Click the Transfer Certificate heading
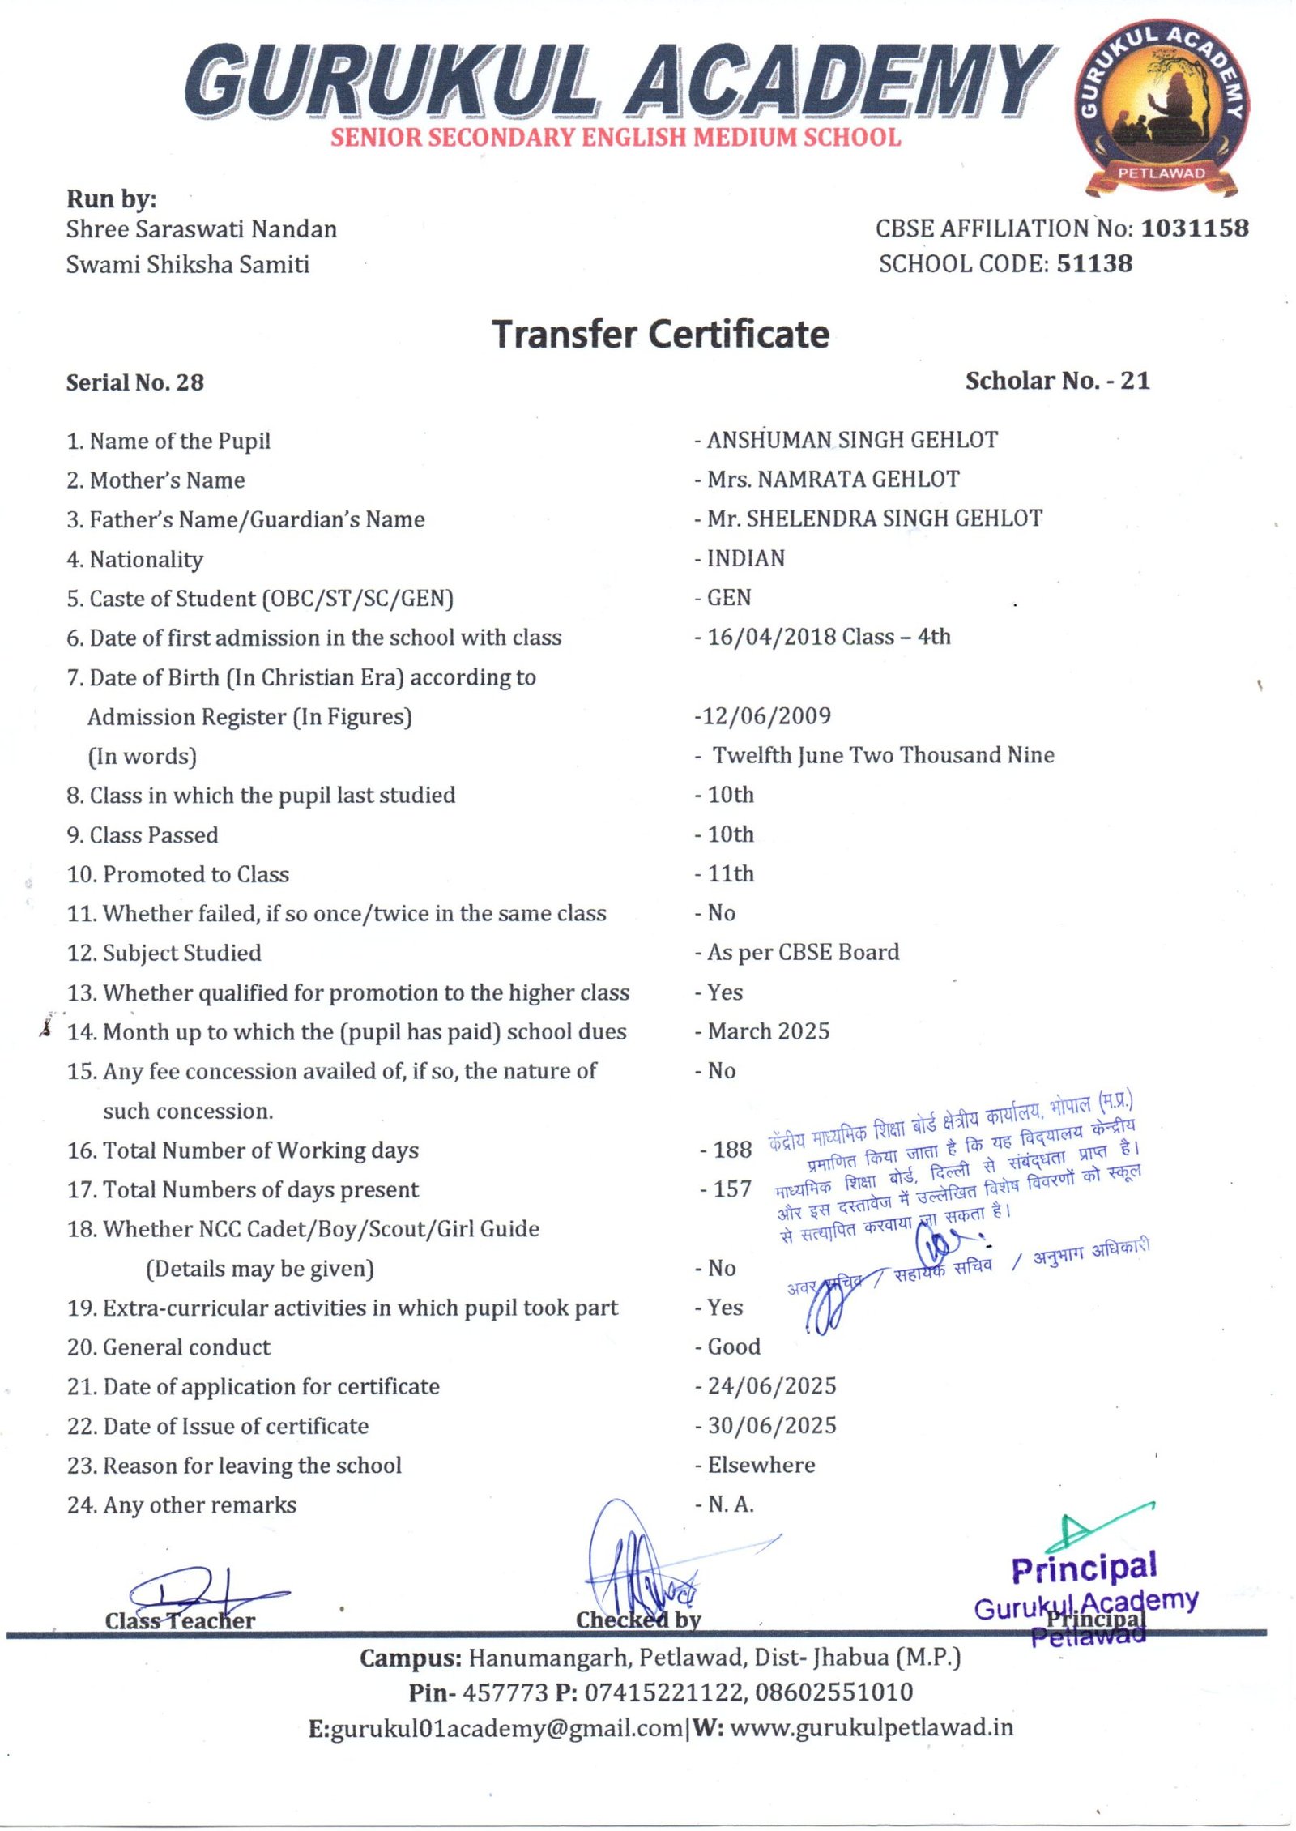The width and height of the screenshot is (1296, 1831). point(661,335)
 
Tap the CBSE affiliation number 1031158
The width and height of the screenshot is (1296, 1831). point(1195,228)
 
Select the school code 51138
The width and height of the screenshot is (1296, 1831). point(1094,263)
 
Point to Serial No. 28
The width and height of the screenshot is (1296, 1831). point(135,382)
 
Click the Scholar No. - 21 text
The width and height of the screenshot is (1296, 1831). point(1057,381)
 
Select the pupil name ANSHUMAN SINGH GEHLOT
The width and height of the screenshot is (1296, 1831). point(852,440)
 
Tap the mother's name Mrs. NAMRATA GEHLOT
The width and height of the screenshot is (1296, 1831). point(833,480)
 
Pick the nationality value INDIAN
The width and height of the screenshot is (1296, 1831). point(745,558)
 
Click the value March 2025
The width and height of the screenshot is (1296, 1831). point(768,1031)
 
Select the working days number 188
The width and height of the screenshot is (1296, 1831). point(732,1150)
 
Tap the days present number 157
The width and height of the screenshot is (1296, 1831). point(732,1189)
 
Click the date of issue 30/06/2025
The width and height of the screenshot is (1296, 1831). point(771,1425)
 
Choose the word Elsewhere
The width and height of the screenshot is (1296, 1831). point(761,1465)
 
